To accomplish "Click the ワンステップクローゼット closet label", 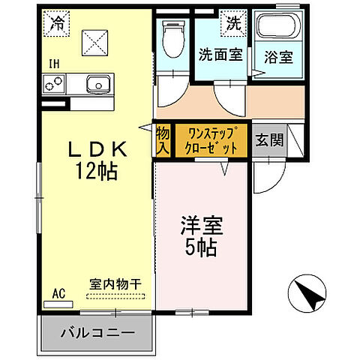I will click(x=211, y=140).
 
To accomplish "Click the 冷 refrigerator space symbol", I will click(x=57, y=24).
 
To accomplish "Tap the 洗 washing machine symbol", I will click(x=232, y=23).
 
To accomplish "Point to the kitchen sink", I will click(x=98, y=83).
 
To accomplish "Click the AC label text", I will click(x=57, y=293).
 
